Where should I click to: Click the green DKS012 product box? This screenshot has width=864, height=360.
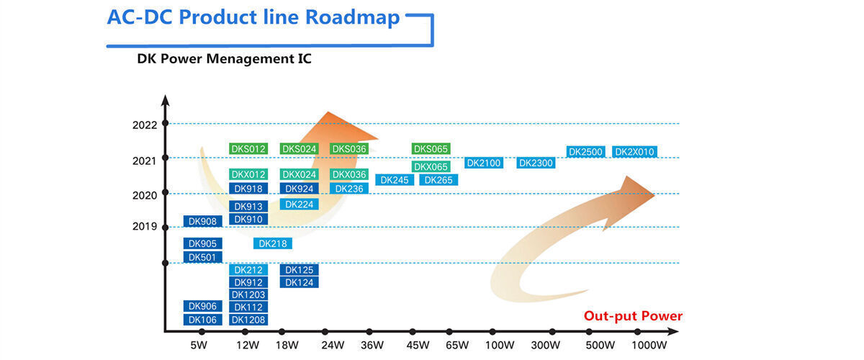coord(248,149)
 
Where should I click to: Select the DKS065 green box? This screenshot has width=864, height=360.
coord(431,149)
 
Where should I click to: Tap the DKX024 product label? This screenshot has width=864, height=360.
coord(299,174)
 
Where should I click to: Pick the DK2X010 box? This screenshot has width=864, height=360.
coord(634,152)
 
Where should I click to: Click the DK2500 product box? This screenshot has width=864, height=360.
coord(585,152)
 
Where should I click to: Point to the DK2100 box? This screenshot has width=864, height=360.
coord(483,163)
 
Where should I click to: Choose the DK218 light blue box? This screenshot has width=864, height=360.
coord(273,243)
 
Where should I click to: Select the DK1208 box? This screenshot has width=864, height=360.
coord(248,320)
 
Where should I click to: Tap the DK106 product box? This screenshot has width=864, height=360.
coord(202,320)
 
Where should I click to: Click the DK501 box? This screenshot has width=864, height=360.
coord(202,257)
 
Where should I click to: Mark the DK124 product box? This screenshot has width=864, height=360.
coord(299,282)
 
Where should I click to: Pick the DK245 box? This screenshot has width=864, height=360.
coord(395,180)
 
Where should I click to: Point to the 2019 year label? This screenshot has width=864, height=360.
coord(145,226)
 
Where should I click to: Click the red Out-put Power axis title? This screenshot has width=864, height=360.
coord(633,316)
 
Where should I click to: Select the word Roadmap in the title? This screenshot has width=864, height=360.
coord(352,17)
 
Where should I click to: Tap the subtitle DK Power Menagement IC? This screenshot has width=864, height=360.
coord(224,59)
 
